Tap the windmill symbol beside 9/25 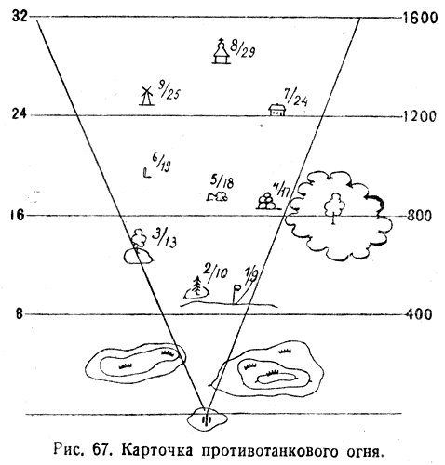click(146, 96)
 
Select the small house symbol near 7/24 click(276, 110)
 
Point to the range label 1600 click(420, 18)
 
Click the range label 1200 click(419, 116)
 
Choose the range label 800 click(419, 216)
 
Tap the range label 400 click(419, 314)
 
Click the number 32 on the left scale click(20, 16)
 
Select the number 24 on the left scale click(20, 114)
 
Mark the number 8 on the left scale click(20, 314)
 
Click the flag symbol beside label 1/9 click(236, 294)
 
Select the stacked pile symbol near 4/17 click(266, 201)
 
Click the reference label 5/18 click(222, 182)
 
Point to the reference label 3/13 click(165, 238)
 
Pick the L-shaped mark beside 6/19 click(147, 173)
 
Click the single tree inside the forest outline click(334, 207)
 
